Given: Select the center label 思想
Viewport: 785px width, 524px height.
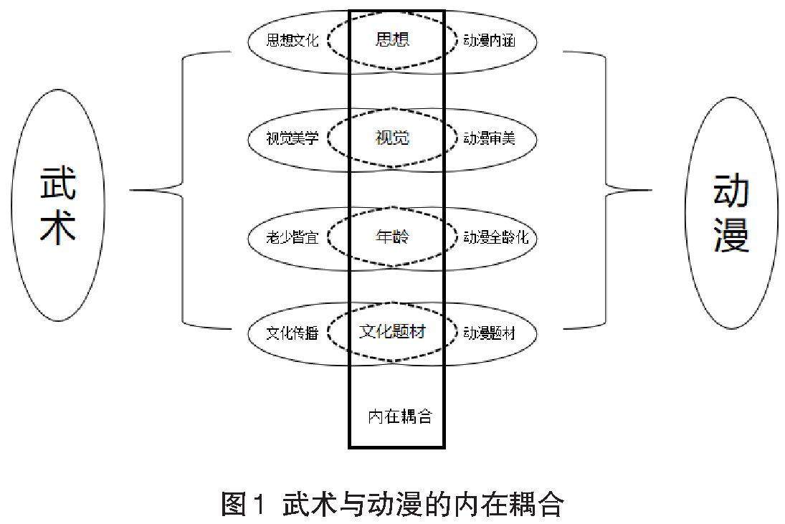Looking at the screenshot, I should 392,39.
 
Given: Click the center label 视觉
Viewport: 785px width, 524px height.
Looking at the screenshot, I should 392,138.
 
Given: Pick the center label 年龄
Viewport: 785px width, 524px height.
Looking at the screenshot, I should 392,237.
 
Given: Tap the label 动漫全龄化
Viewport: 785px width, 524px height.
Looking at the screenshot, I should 495,237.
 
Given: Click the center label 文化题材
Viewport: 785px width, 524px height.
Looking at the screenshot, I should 392,333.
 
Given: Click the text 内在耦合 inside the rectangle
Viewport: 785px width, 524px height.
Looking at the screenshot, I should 400,416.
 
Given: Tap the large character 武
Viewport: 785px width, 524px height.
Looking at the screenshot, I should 58,185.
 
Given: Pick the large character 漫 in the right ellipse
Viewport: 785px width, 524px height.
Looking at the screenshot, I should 731,236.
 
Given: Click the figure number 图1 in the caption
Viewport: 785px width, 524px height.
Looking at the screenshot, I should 243,505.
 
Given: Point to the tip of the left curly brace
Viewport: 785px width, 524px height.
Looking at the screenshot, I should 131,191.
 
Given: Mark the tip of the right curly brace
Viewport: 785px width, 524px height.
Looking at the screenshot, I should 650,191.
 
